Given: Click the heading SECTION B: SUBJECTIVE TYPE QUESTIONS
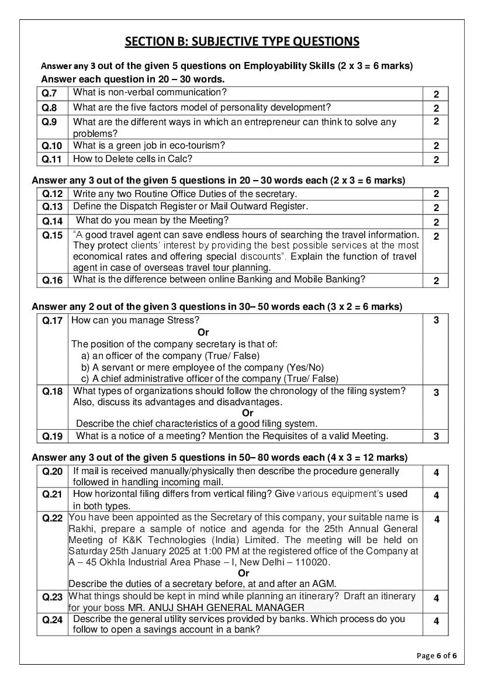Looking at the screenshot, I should pyautogui.click(x=242, y=41).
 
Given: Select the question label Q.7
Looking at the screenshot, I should pyautogui.click(x=49, y=94).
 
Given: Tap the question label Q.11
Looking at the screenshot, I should pyautogui.click(x=51, y=160).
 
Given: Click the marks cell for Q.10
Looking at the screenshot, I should pyautogui.click(x=436, y=146).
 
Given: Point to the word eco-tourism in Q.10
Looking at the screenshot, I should pyautogui.click(x=181, y=145).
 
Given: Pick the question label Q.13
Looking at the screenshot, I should pyautogui.click(x=52, y=207).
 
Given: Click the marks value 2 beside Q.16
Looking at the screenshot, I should pyautogui.click(x=436, y=281).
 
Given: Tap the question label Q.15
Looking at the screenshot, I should pyautogui.click(x=52, y=236).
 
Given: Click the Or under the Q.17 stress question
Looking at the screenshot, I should pyautogui.click(x=203, y=332).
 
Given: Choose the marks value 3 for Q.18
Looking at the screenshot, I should pyautogui.click(x=436, y=393).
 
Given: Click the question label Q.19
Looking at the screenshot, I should pyautogui.click(x=52, y=436).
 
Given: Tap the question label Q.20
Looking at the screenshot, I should pyautogui.click(x=52, y=472).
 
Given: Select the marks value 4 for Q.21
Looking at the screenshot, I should pyautogui.click(x=436, y=496).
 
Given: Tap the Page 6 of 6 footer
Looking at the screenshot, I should pyautogui.click(x=436, y=655).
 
